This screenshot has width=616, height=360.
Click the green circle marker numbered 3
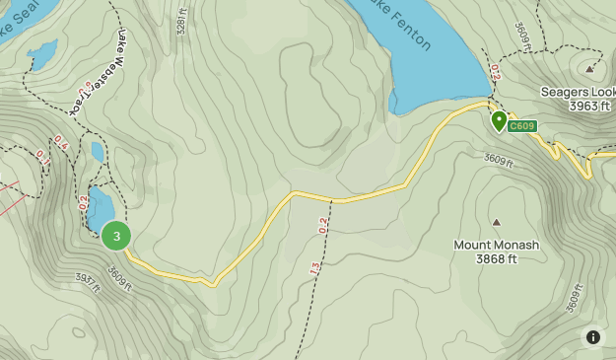coord(116,236)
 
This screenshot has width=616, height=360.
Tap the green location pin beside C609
coord(499,121)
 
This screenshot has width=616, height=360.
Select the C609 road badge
coord(523,126)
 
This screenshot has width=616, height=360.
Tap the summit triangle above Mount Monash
coord(496,223)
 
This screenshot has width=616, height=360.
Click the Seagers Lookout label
coord(578,92)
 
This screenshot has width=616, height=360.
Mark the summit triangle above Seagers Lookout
coord(589,69)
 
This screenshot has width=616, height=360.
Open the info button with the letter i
coord(592,336)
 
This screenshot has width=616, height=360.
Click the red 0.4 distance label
coord(62,142)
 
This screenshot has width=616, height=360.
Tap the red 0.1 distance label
coord(42,156)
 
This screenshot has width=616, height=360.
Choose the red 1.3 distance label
coord(315,269)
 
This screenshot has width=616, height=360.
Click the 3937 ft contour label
coord(88,284)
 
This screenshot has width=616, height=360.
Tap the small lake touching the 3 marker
coord(100,207)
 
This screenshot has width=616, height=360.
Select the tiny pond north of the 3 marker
coord(97,152)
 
